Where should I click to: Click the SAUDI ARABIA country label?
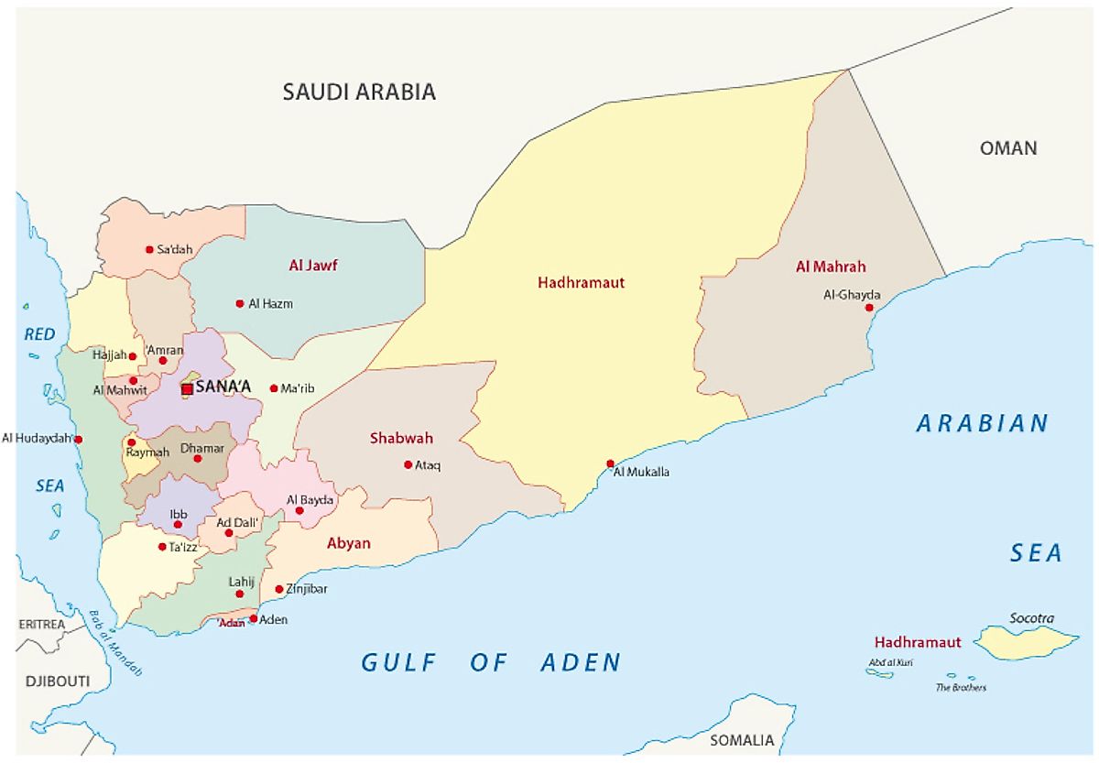click(x=358, y=92)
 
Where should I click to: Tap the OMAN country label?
click(x=1008, y=147)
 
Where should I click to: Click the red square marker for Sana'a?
click(x=187, y=389)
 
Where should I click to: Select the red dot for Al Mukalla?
click(x=611, y=463)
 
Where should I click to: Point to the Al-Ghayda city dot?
click(x=869, y=308)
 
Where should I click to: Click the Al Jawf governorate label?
click(x=313, y=266)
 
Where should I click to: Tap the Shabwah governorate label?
click(x=401, y=438)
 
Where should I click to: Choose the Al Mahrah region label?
click(x=831, y=267)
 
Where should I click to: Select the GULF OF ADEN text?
click(x=491, y=662)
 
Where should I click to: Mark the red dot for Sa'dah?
click(x=149, y=249)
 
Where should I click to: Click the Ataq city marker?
click(x=408, y=464)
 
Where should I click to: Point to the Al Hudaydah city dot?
click(x=79, y=440)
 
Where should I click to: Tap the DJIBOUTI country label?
click(x=57, y=681)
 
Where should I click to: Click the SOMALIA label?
click(x=741, y=740)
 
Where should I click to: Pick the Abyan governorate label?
click(x=348, y=543)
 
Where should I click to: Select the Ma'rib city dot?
click(x=273, y=388)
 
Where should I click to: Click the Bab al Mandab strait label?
click(x=116, y=641)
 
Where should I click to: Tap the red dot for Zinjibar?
click(x=279, y=589)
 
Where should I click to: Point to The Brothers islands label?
click(x=960, y=687)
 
